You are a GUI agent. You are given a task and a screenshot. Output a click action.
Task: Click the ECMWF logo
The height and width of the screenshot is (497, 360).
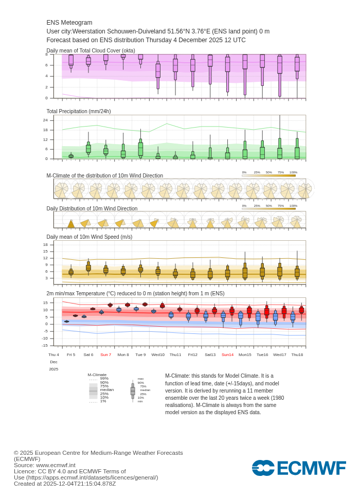299,468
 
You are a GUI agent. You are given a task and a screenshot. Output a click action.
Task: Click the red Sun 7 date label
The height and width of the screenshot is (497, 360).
105,354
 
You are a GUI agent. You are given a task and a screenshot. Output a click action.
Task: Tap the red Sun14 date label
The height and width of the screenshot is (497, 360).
227,354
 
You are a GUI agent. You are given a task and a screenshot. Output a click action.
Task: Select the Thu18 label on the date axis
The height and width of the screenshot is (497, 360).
297,354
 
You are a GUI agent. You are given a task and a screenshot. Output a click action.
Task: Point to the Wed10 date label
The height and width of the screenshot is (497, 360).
158,354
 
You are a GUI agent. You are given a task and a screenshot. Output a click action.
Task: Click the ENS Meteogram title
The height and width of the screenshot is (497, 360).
69,23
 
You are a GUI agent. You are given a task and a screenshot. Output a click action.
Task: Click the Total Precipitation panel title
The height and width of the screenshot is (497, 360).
79,111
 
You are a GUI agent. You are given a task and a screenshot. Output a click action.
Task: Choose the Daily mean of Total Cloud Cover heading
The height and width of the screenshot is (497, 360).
91,50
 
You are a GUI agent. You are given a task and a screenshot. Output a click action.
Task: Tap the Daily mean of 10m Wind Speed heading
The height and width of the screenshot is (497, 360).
89,237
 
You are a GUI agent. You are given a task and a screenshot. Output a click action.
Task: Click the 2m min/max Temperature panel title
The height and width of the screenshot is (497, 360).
135,293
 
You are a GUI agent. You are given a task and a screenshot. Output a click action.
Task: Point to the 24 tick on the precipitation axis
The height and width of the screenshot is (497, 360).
45,120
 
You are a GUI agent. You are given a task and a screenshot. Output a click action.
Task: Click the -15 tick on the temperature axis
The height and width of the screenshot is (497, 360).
45,345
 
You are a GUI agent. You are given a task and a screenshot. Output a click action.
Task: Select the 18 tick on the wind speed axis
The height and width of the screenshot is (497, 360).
45,244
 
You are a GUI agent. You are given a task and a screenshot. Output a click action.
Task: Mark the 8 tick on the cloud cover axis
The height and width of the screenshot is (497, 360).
46,54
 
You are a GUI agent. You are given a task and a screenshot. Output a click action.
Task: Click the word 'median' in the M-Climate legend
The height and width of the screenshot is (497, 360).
107,389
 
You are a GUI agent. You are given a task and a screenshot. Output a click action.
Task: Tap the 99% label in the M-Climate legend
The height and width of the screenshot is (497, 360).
104,378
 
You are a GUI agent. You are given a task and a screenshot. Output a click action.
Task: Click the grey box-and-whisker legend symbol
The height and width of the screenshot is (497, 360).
133,390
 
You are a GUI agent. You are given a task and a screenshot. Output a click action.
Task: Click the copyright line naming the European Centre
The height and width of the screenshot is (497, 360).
98,453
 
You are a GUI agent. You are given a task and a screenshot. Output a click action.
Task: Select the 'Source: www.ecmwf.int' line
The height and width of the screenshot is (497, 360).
45,465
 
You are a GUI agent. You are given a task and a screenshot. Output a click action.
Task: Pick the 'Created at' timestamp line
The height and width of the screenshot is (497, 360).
65,484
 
